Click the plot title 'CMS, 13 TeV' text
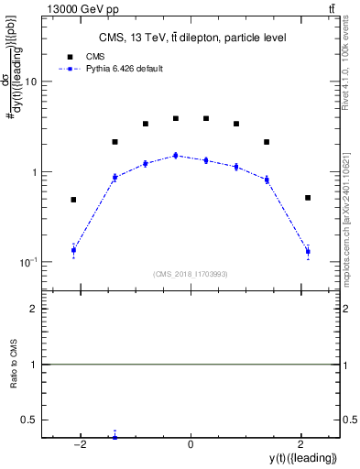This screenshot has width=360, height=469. [x=193, y=38]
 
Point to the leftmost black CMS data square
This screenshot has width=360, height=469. [x=73, y=200]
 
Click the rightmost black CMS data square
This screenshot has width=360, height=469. [x=308, y=198]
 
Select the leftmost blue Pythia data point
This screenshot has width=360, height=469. [x=73, y=250]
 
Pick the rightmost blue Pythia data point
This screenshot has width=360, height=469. [x=308, y=251]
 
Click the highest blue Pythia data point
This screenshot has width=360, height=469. [x=176, y=156]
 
